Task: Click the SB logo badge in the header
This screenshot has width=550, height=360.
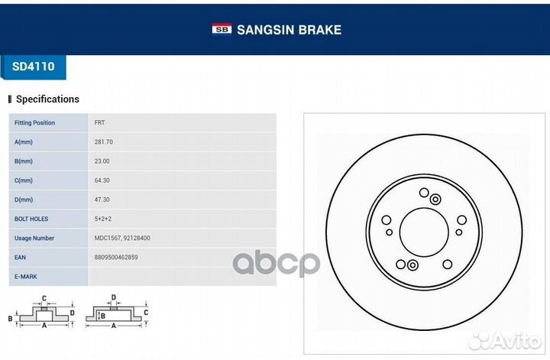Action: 222,29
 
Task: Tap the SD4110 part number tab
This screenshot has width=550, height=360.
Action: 34,66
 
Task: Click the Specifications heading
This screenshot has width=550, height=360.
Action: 47,99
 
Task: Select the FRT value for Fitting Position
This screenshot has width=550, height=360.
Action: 99,123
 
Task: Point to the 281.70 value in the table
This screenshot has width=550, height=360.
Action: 103,142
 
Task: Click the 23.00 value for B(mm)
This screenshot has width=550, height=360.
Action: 102,161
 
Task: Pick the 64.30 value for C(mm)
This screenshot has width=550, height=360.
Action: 102,180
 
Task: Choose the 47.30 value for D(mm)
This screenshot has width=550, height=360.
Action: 102,199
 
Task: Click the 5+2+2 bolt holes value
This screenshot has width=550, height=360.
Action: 103,219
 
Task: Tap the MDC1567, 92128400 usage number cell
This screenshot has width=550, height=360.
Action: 122,238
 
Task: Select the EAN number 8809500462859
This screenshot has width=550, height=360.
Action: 116,258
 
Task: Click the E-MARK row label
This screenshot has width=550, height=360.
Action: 26,277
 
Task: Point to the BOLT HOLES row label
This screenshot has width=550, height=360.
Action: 31,219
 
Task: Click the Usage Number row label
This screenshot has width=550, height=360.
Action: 34,238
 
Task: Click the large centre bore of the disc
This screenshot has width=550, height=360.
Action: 424,232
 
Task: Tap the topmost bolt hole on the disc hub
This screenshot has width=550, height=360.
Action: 424,193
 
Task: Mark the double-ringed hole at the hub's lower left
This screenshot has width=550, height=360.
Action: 412,265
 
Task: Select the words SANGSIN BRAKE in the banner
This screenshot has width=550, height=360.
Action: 289,30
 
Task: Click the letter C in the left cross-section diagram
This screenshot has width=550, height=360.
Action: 44,298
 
